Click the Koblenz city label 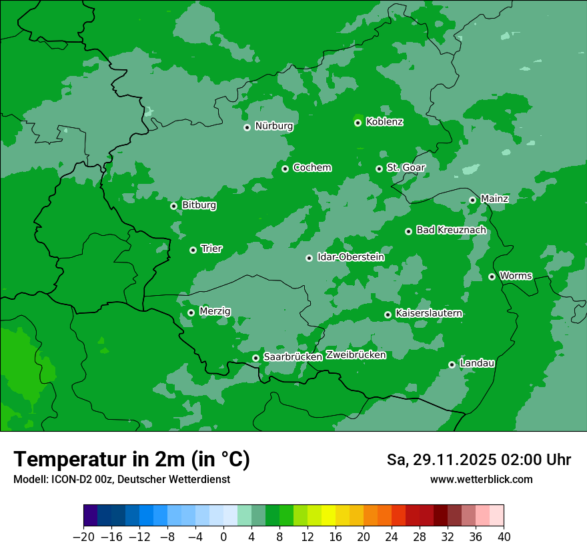(x=384, y=122)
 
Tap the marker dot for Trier (x=193, y=250)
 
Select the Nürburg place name (x=273, y=126)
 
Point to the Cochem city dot (x=285, y=169)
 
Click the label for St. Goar (x=406, y=167)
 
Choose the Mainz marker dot (x=472, y=200)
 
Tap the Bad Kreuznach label (x=451, y=230)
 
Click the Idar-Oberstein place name (x=350, y=257)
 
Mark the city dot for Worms (x=492, y=276)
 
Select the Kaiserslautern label (x=428, y=313)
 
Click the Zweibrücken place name (x=356, y=355)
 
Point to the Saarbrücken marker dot (x=255, y=358)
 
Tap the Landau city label (x=477, y=363)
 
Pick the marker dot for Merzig (x=191, y=312)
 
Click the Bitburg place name (x=199, y=205)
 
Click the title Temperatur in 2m (x=131, y=459)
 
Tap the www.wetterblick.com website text (x=481, y=479)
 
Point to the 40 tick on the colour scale (x=504, y=537)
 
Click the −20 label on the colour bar (x=83, y=537)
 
